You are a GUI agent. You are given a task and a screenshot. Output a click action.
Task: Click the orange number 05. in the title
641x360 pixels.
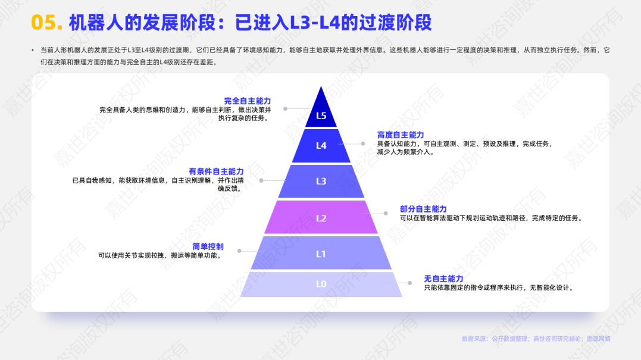(x=46, y=23)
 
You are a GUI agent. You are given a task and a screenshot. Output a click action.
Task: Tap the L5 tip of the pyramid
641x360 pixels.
(x=321, y=113)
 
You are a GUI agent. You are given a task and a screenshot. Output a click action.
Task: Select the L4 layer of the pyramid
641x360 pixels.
(x=321, y=146)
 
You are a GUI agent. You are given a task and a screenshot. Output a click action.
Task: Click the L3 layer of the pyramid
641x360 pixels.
(x=321, y=181)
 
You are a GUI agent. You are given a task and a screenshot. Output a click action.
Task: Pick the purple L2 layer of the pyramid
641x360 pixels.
(x=321, y=218)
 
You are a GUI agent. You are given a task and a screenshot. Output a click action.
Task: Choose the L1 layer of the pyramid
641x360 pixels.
(x=321, y=254)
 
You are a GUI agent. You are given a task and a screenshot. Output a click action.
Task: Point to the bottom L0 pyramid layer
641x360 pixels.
(x=321, y=284)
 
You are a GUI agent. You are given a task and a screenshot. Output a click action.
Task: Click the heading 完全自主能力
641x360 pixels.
(x=247, y=101)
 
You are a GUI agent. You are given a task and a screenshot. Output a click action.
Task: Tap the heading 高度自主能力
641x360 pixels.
(x=401, y=135)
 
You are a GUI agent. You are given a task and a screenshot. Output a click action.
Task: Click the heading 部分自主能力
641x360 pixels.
(x=423, y=209)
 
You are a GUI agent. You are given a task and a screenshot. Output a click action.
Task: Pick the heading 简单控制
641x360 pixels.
(x=208, y=246)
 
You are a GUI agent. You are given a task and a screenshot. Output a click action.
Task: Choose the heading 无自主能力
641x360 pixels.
(x=443, y=278)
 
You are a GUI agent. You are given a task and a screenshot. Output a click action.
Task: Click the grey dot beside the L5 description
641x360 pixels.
(x=286, y=109)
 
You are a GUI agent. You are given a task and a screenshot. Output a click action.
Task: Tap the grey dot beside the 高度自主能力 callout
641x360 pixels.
(x=362, y=143)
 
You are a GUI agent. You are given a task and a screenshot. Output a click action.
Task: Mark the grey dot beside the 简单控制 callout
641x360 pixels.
(x=239, y=251)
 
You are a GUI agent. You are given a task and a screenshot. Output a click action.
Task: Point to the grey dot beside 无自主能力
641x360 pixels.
(x=409, y=283)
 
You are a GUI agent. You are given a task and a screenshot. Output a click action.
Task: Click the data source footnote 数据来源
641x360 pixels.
(x=536, y=339)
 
